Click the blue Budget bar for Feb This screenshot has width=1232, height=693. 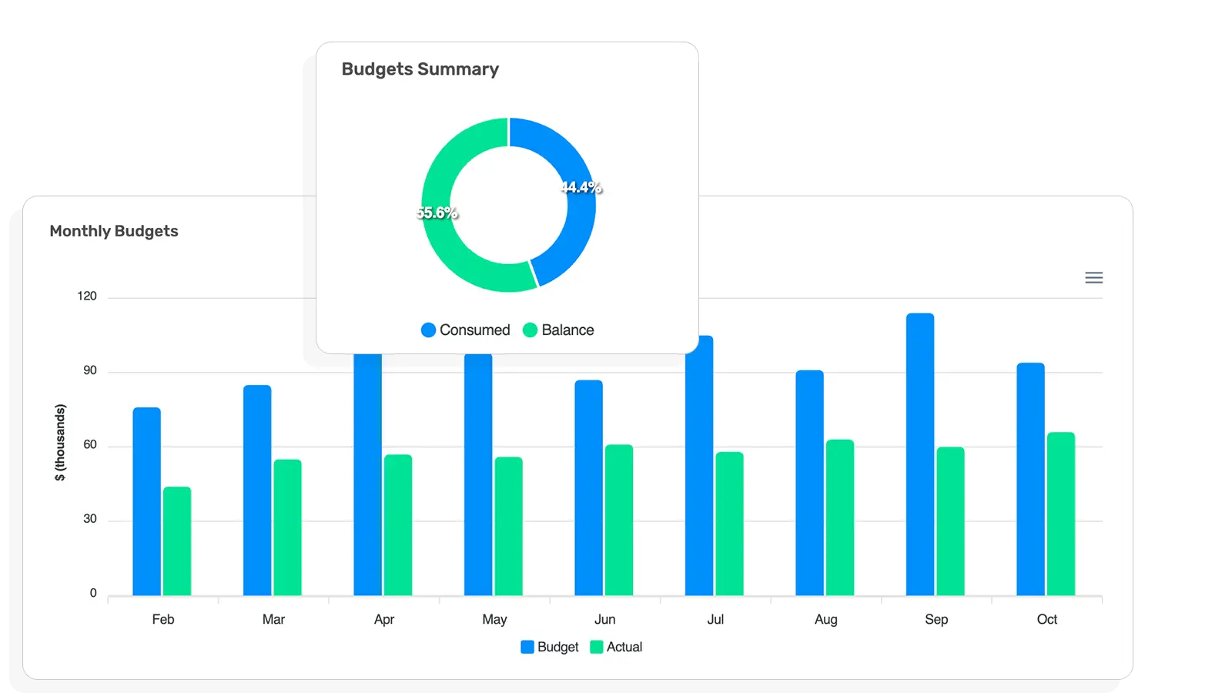coord(146,500)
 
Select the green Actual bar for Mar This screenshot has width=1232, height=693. coord(287,527)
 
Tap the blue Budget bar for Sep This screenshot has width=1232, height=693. coord(919,454)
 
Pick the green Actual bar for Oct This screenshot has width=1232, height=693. coord(1060,514)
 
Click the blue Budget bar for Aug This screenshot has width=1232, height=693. coord(809,483)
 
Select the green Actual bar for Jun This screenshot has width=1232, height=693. coord(618,520)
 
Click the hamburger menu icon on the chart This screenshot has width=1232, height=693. coord(1093,278)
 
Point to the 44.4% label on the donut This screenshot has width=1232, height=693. coord(581,187)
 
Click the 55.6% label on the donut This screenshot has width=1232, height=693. coord(437,213)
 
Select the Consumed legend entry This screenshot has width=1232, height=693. coord(466,330)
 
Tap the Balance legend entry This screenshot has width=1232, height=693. coord(558,330)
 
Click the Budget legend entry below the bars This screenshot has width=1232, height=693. coord(550,647)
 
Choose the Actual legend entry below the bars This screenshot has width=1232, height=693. coord(616,647)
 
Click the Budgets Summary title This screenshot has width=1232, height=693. coord(420,69)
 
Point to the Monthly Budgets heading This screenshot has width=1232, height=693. coord(114,231)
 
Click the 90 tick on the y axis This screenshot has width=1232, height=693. coord(90,370)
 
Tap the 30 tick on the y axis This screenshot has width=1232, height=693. coord(90,519)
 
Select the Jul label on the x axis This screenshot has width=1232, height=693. coord(715,619)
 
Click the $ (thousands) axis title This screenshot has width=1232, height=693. coord(60,443)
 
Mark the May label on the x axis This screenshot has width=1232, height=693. coord(494,619)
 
